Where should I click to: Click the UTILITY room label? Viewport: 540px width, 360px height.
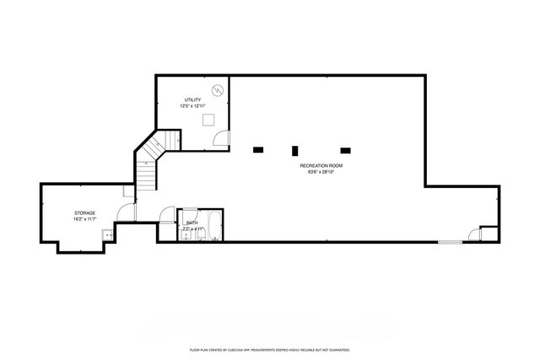pyautogui.click(x=192, y=99)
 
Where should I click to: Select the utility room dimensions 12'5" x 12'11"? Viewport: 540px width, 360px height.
pyautogui.click(x=192, y=106)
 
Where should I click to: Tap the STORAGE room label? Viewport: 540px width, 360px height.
pyautogui.click(x=84, y=212)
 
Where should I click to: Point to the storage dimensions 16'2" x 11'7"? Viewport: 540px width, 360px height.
pyautogui.click(x=84, y=219)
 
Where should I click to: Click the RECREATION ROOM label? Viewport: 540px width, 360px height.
pyautogui.click(x=321, y=165)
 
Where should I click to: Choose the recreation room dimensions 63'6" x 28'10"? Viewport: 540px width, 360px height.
pyautogui.click(x=321, y=172)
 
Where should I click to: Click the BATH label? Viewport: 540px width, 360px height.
pyautogui.click(x=192, y=223)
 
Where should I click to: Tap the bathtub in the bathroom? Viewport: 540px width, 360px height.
pyautogui.click(x=214, y=225)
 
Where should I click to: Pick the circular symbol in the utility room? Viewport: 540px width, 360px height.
pyautogui.click(x=217, y=89)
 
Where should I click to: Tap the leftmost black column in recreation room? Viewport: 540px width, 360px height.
pyautogui.click(x=258, y=150)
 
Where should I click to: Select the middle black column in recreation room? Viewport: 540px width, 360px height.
pyautogui.click(x=294, y=151)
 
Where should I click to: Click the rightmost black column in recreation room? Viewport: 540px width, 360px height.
pyautogui.click(x=344, y=150)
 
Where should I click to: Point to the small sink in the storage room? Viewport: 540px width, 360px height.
pyautogui.click(x=109, y=236)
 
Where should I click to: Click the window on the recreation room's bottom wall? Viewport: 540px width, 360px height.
pyautogui.click(x=450, y=243)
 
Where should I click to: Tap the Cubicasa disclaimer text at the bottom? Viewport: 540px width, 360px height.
pyautogui.click(x=270, y=348)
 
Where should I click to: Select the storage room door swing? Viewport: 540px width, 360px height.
pyautogui.click(x=123, y=215)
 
